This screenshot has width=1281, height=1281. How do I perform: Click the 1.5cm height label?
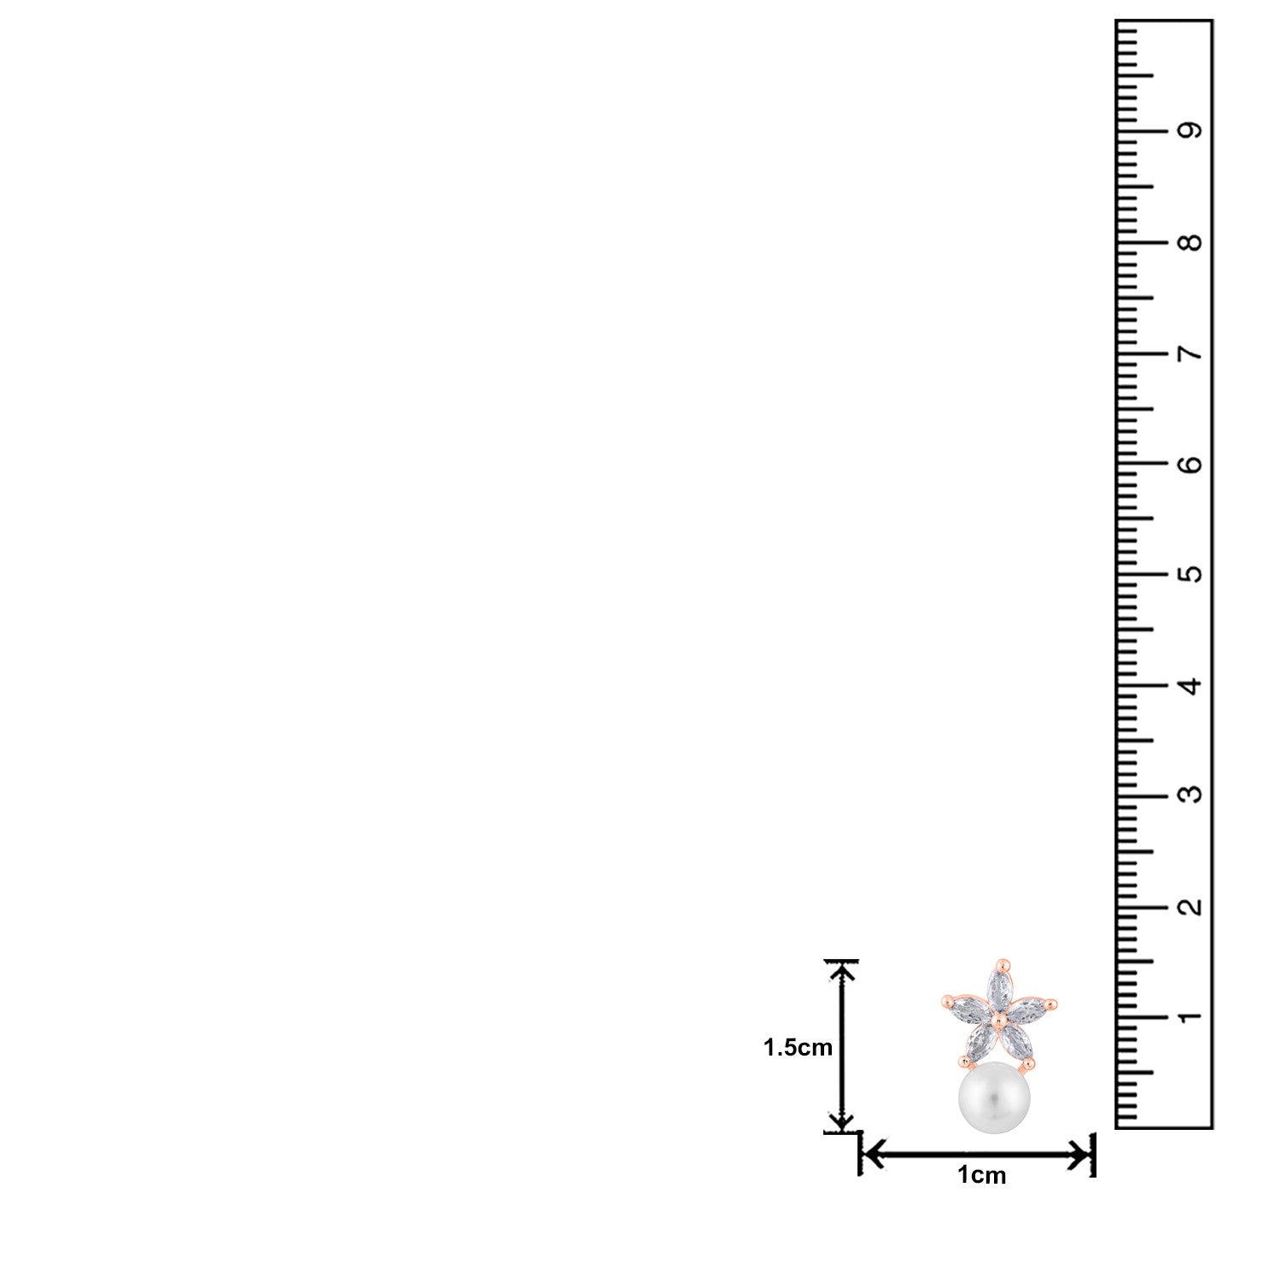pyautogui.click(x=798, y=1048)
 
